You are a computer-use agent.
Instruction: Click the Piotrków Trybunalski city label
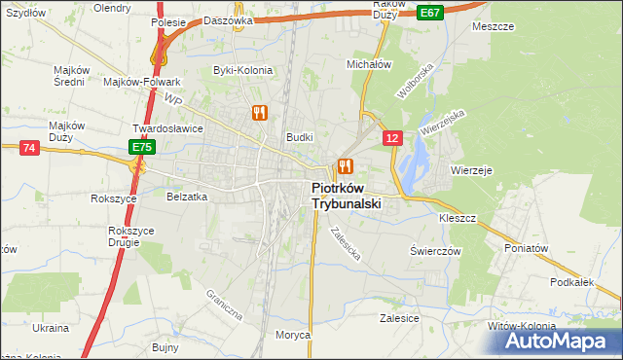pos(346,197)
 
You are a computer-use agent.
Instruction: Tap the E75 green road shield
pos(142,147)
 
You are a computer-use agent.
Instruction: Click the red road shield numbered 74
pos(29,147)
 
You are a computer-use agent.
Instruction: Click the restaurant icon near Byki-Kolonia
pos(259,112)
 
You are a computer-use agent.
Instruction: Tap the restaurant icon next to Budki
pos(344,164)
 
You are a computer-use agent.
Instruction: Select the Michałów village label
pos(369,63)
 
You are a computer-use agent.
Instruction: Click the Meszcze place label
pos(493,26)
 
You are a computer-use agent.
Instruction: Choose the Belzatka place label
pos(188,196)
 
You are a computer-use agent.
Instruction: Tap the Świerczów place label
pos(434,250)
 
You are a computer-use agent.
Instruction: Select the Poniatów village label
pos(527,248)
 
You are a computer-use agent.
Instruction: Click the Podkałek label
pos(571,281)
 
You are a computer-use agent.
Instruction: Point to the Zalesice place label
pos(399,318)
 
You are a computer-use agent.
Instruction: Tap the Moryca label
pos(292,335)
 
